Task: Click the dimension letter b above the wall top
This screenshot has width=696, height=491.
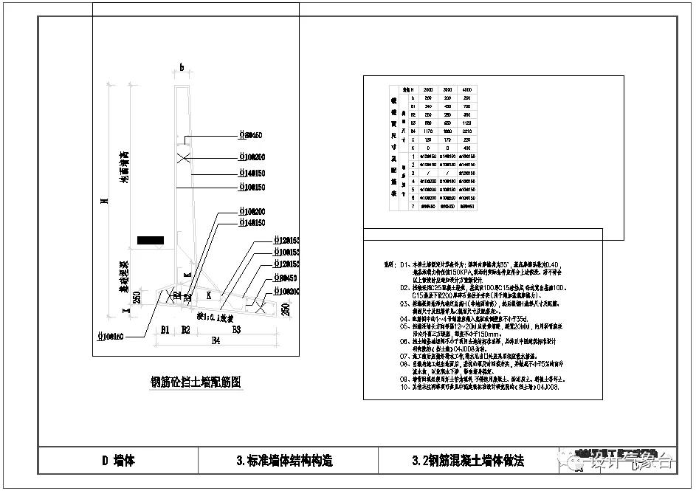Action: click(182, 67)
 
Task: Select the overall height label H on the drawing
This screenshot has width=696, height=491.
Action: click(106, 200)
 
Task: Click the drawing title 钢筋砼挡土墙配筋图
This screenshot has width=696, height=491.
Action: click(196, 382)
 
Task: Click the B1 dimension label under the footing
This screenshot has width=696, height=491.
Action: click(165, 329)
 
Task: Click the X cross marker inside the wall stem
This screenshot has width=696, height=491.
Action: click(184, 157)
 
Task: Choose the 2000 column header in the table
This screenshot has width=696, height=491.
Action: click(427, 89)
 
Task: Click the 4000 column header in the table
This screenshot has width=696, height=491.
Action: click(466, 89)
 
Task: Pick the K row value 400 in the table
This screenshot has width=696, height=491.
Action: click(466, 148)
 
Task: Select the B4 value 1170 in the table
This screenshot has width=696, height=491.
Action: click(427, 131)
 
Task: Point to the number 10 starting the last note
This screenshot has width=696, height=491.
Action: click(403, 386)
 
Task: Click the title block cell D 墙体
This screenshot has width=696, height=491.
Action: click(118, 461)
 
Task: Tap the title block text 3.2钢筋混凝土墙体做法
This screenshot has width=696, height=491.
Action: click(468, 461)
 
